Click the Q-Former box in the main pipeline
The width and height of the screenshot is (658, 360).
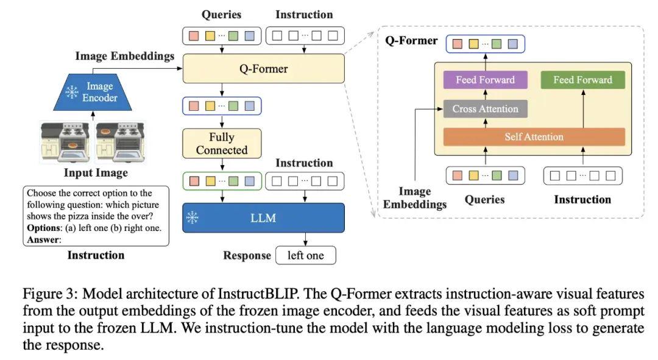[x=263, y=69]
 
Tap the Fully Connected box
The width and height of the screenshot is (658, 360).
[x=222, y=144]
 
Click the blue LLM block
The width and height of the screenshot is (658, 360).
[x=263, y=217]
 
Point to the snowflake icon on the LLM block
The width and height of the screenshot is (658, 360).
[x=193, y=217]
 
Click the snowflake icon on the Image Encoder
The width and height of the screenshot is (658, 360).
[x=73, y=93]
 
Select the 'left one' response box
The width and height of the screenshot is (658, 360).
[x=305, y=255]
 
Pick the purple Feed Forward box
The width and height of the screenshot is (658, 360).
[x=485, y=80]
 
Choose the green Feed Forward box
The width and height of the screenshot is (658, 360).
[x=582, y=80]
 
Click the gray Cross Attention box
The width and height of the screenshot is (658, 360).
[x=485, y=109]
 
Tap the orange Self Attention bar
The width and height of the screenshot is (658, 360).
[x=534, y=136]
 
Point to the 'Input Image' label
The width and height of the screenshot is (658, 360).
[x=96, y=173]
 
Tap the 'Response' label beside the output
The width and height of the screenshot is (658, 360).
[x=247, y=255]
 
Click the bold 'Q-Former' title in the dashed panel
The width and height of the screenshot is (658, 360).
[x=411, y=41]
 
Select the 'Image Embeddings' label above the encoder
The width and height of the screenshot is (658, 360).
[x=124, y=56]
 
